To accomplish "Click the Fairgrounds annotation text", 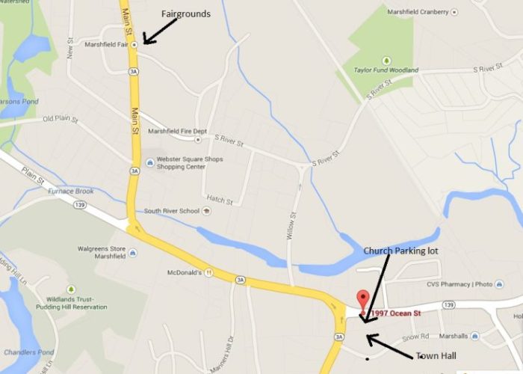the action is pyautogui.click(x=186, y=13).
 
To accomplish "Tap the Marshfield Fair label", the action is pyautogui.click(x=107, y=44).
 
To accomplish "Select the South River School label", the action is pyautogui.click(x=172, y=211).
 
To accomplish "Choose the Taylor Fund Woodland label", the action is pyautogui.click(x=386, y=70).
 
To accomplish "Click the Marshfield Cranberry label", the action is pyautogui.click(x=418, y=12).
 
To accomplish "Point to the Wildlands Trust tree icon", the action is pyautogui.click(x=71, y=289).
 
